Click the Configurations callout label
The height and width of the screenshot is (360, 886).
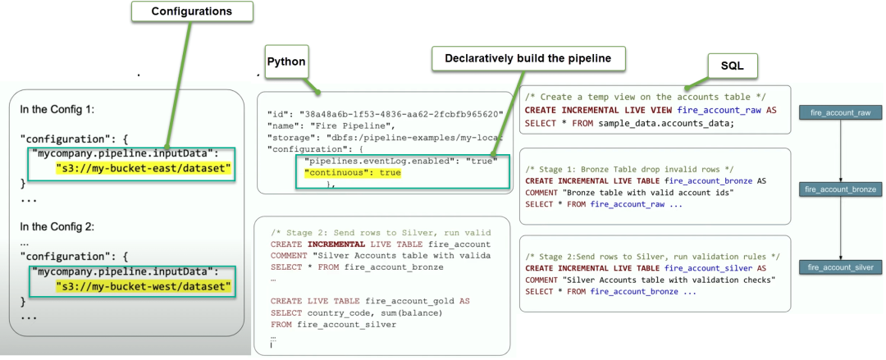pyautogui.click(x=191, y=11)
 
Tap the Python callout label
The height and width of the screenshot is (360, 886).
pyautogui.click(x=286, y=62)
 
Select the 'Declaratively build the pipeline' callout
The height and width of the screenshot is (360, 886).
pyautogui.click(x=528, y=59)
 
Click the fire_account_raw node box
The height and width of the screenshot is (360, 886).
pyautogui.click(x=841, y=112)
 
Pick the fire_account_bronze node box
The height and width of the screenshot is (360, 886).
pyautogui.click(x=841, y=189)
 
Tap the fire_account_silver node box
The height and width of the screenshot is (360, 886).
pyautogui.click(x=841, y=267)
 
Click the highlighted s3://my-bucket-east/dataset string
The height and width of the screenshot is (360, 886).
pyautogui.click(x=144, y=168)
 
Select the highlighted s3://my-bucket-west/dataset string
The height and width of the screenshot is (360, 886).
pyautogui.click(x=144, y=287)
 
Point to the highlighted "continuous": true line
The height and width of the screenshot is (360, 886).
pyautogui.click(x=353, y=174)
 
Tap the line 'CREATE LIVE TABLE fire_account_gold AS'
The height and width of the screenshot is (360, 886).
pyautogui.click(x=370, y=301)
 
